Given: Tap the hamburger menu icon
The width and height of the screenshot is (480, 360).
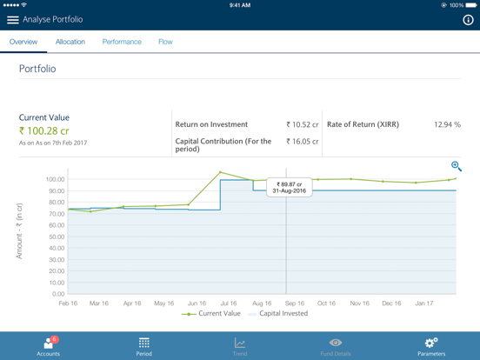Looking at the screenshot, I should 13,19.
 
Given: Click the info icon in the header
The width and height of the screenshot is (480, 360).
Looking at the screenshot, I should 468,19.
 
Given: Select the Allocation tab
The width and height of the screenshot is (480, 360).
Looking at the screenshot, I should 70,42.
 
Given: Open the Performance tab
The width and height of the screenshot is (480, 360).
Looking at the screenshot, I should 122,42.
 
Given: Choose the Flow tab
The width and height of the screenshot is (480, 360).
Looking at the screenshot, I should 165,42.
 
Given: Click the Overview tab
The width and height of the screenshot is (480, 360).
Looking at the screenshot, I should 23,42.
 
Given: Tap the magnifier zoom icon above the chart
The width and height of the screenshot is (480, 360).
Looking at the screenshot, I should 456,166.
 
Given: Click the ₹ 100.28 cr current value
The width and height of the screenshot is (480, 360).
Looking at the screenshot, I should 44,131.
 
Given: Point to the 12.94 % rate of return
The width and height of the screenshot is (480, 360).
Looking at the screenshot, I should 447,125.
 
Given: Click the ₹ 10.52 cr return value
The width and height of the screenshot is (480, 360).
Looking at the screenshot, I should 303,125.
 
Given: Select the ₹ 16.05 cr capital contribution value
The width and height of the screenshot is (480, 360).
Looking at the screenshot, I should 303,142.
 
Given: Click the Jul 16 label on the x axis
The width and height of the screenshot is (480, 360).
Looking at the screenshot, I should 230,303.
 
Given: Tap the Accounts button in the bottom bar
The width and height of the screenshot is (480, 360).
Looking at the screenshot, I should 49,346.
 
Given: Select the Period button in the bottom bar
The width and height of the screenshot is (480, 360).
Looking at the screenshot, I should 144,346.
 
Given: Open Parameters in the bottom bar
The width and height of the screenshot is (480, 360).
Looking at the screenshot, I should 431,346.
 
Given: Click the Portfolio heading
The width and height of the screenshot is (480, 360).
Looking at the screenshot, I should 37,69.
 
